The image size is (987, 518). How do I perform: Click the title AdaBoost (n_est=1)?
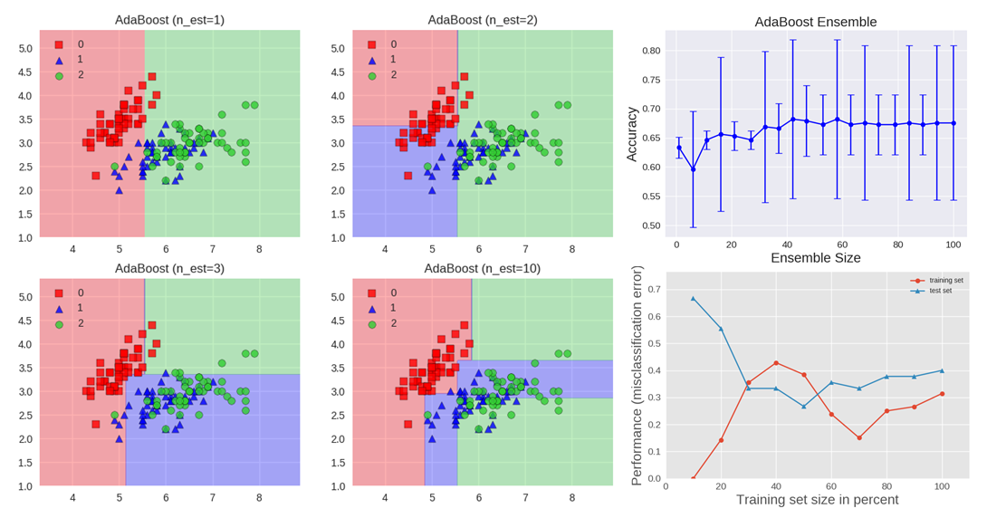coord(169,20)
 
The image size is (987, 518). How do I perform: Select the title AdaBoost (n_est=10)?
coord(483,268)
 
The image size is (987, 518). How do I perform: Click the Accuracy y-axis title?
coord(632,135)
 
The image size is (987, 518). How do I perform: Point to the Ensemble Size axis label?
coord(816,258)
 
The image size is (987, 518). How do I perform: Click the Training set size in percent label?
coord(817,500)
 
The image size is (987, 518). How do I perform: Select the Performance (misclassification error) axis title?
coord(637,375)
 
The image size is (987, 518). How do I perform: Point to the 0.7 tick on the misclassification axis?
coord(654,290)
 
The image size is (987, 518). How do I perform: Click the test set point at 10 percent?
coord(693,298)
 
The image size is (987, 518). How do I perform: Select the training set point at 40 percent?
coord(776,363)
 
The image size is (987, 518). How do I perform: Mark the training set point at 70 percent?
coord(858,437)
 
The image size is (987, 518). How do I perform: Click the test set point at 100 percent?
coord(942,370)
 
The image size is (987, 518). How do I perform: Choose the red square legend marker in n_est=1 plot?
coord(59,44)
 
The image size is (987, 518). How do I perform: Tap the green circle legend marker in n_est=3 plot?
coord(59,323)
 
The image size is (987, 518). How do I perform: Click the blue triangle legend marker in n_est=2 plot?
coord(371,60)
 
